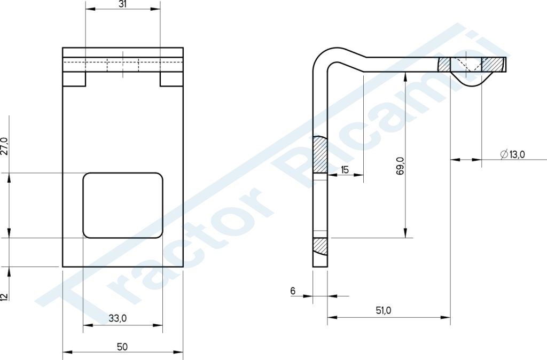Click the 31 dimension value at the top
122,4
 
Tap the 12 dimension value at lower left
4,297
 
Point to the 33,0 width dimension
118,318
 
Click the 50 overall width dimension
122,347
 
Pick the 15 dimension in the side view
345,170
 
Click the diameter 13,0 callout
512,154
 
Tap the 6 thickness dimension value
293,291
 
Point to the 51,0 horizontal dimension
384,310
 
